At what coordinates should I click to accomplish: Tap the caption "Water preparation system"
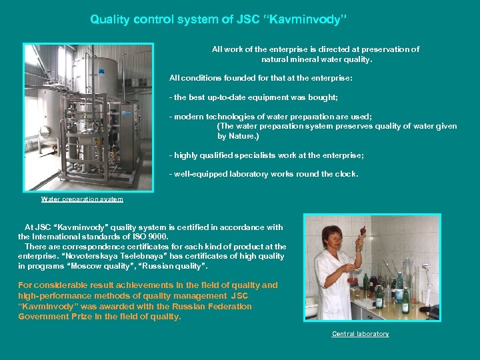(x=82, y=199)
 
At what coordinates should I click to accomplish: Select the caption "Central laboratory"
(x=360, y=333)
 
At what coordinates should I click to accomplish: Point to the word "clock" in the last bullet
(x=345, y=174)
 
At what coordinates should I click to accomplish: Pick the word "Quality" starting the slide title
(x=111, y=20)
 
